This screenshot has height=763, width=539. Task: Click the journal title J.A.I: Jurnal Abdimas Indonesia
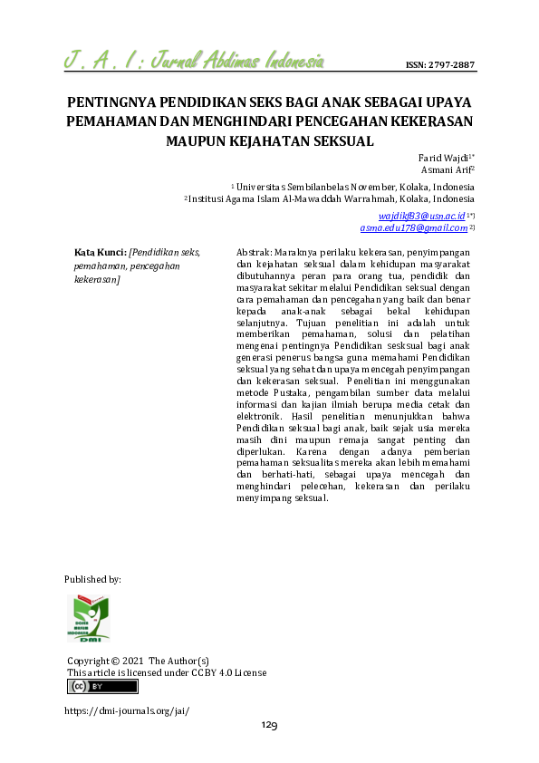tap(196, 62)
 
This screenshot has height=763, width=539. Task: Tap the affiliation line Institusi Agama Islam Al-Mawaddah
tap(331, 198)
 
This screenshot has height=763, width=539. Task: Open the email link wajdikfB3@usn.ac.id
tap(421, 216)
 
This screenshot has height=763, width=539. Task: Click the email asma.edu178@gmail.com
tap(412, 227)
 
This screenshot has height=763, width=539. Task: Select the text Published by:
tap(93, 578)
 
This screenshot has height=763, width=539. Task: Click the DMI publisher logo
tap(89, 619)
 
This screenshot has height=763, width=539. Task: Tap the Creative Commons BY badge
tap(102, 687)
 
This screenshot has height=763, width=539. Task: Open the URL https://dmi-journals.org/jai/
tap(127, 710)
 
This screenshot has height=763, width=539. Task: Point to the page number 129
tap(269, 725)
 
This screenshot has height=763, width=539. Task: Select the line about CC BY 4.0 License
tap(168, 672)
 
